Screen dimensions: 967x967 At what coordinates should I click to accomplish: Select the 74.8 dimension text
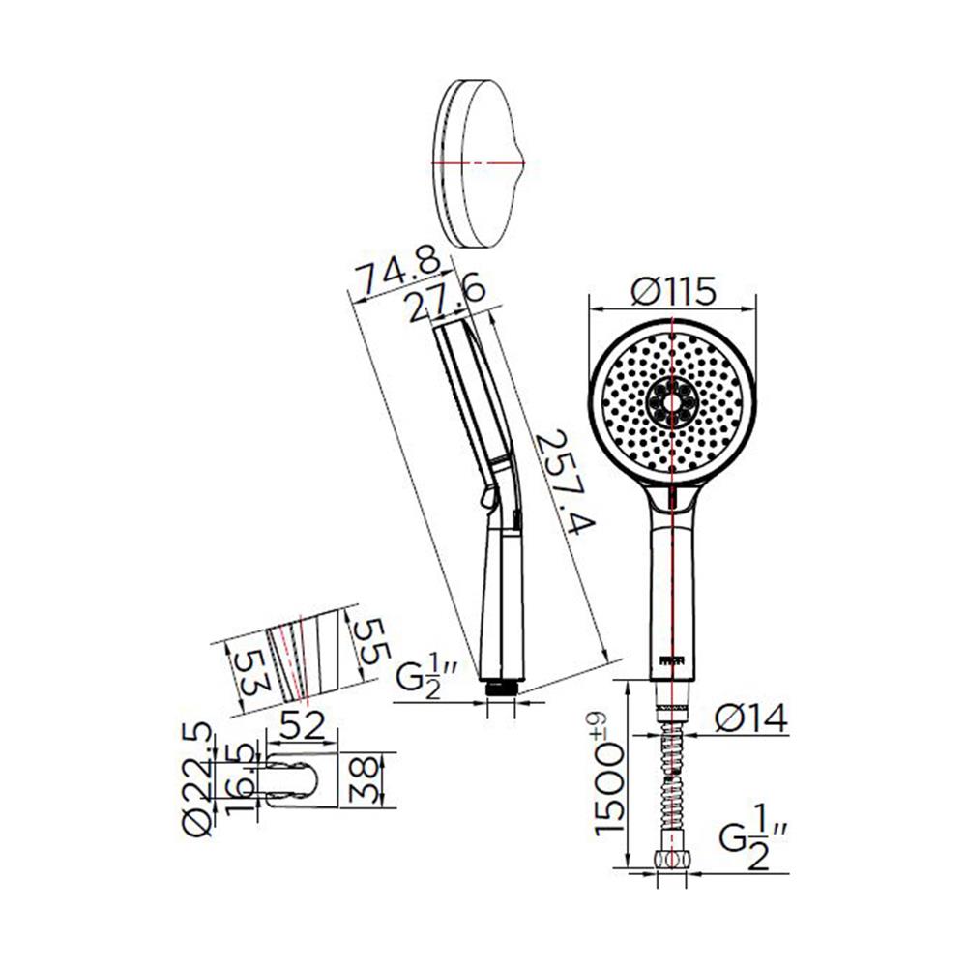click(401, 273)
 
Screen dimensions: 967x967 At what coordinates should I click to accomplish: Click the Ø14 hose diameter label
click(751, 718)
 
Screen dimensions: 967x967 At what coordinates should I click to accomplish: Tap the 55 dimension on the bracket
click(370, 641)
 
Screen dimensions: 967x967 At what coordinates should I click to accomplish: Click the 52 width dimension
click(302, 725)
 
